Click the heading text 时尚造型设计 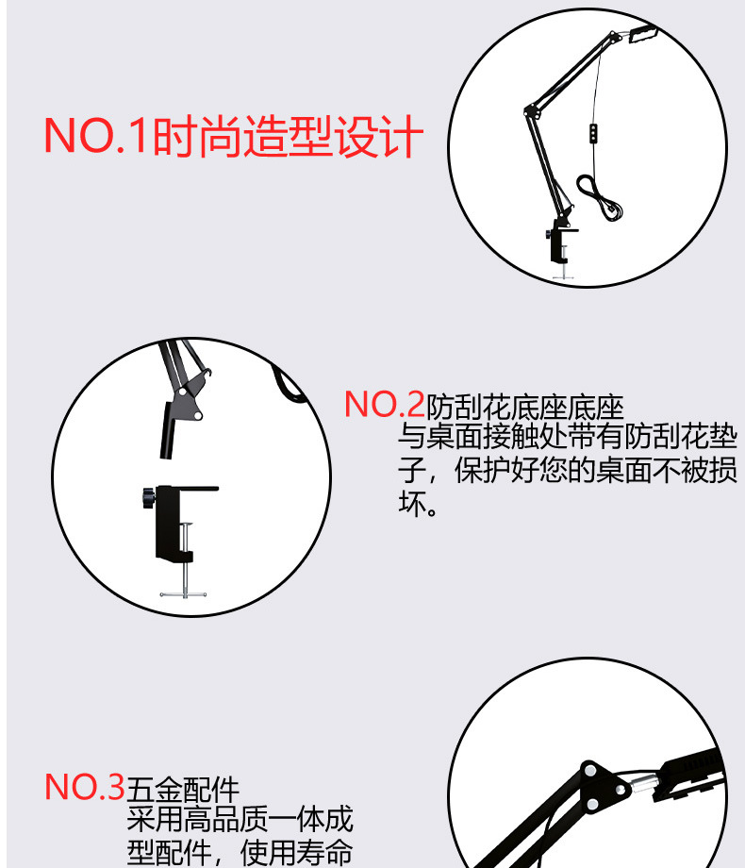[287, 136]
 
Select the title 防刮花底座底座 [525, 408]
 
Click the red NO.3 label [85, 787]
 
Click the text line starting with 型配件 [240, 853]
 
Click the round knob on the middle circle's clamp [147, 495]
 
